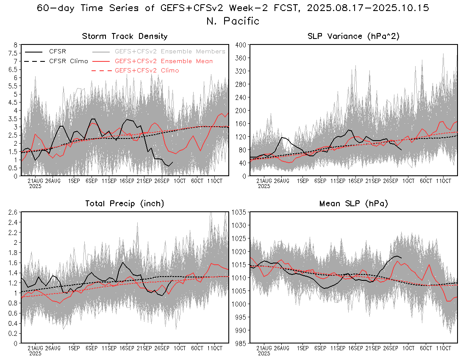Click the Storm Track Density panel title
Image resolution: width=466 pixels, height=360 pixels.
(125, 36)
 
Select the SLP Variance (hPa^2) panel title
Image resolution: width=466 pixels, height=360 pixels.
(353, 36)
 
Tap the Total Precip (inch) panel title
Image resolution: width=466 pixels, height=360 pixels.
(125, 204)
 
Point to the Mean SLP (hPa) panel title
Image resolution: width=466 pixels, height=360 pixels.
(353, 204)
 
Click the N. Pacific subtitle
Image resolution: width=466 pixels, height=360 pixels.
(233, 21)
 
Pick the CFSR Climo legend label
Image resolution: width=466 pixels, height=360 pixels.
(69, 61)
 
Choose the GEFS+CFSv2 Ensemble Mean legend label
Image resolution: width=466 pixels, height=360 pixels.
(164, 61)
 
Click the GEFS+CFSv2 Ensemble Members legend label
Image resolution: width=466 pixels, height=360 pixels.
(170, 51)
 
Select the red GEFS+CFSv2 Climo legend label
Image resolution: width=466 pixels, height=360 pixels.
(147, 70)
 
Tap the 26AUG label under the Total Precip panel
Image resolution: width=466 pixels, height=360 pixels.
(53, 348)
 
